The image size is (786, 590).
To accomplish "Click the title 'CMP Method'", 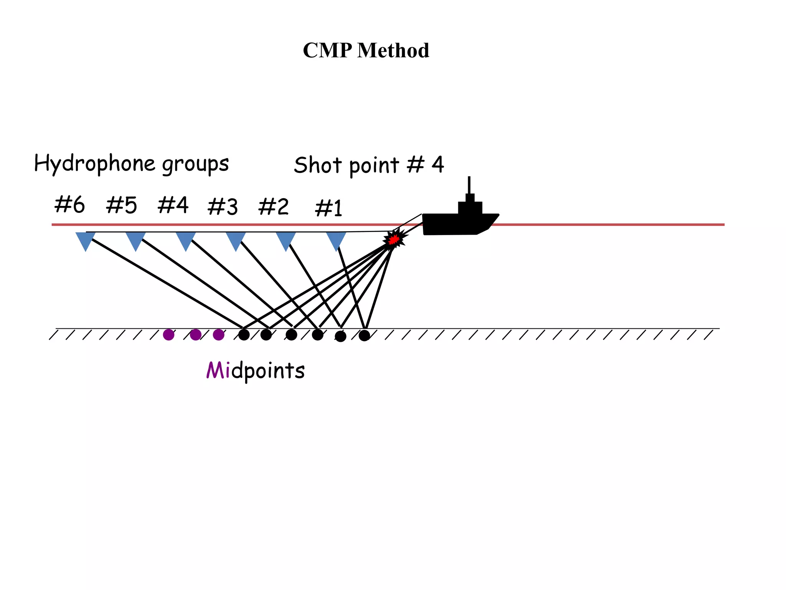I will pyautogui.click(x=366, y=50).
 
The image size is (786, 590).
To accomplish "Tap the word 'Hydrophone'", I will pyautogui.click(x=94, y=163).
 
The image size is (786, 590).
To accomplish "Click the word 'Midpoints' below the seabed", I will pyautogui.click(x=256, y=370).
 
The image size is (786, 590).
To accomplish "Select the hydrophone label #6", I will pyautogui.click(x=69, y=204).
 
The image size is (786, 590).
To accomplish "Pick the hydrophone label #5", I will pyautogui.click(x=121, y=205).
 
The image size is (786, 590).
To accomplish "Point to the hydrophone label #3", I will pyautogui.click(x=223, y=207).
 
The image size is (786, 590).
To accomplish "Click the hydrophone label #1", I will pyautogui.click(x=329, y=209).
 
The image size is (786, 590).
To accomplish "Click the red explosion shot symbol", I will pyautogui.click(x=393, y=239).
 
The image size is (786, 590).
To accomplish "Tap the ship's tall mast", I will pyautogui.click(x=469, y=185).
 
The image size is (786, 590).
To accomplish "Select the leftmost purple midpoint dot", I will pyautogui.click(x=168, y=335).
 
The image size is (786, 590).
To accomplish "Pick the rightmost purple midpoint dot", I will pyautogui.click(x=218, y=335).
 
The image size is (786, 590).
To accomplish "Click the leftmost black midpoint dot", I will pyautogui.click(x=244, y=335).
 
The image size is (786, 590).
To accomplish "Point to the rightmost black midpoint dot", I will pyautogui.click(x=364, y=336).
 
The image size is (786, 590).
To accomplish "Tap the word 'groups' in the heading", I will pyautogui.click(x=195, y=164).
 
